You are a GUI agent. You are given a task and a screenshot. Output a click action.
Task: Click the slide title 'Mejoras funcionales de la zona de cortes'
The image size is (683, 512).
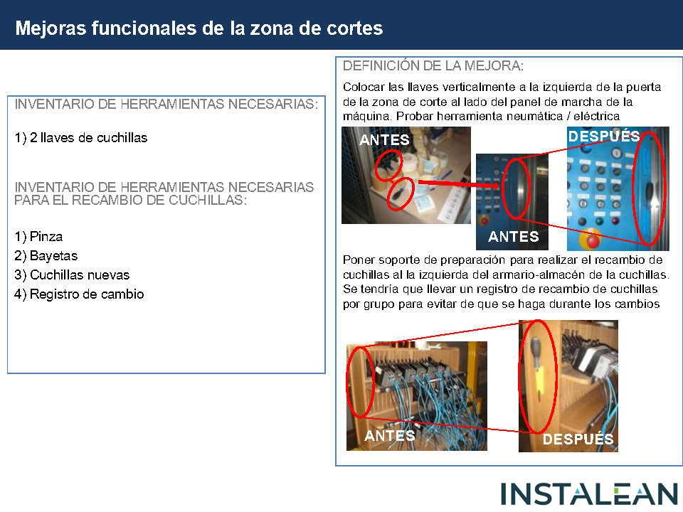199,28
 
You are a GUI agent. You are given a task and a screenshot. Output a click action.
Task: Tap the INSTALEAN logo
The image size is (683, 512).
589,495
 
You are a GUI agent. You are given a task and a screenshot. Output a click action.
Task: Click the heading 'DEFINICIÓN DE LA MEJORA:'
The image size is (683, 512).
433,65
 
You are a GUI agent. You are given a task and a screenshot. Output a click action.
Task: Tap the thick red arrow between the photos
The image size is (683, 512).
459,183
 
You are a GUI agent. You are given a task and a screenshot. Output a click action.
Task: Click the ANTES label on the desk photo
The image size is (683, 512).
384,140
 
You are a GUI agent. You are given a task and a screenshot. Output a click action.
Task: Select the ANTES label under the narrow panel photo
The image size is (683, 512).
513,236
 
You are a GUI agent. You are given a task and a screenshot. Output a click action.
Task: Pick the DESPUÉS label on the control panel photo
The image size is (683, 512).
604,137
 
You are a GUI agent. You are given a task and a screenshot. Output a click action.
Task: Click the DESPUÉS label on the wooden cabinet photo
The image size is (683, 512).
578,439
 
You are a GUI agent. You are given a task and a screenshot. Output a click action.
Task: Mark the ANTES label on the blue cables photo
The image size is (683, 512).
389,435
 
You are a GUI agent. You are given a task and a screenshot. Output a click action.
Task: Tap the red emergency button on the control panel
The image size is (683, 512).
592,240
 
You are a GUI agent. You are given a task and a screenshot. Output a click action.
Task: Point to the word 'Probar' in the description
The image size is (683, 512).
415,116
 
